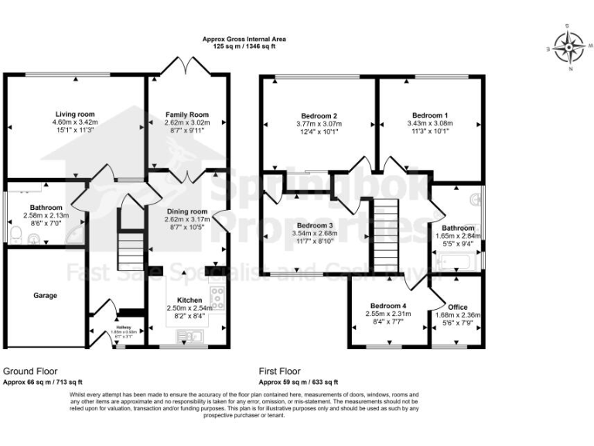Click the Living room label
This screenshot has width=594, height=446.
click(x=74, y=113)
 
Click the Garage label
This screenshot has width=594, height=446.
click(x=44, y=295)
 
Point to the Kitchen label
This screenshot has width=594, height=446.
click(x=189, y=300)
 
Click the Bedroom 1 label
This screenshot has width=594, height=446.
click(x=428, y=115)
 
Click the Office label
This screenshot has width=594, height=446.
click(x=458, y=307)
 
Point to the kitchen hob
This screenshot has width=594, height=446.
click(x=219, y=298)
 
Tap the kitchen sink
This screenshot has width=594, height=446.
click(x=189, y=335)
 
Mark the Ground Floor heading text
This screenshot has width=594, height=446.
click(x=30, y=372)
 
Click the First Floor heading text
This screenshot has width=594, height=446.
click(x=280, y=372)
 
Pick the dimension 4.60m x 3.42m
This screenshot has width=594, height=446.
click(x=74, y=122)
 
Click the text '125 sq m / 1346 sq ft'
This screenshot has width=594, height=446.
click(x=244, y=46)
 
